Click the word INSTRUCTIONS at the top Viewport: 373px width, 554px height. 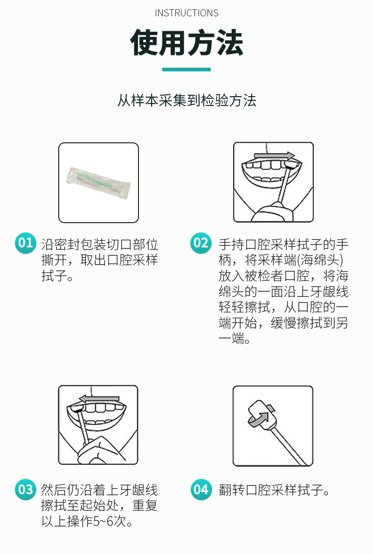(x=186, y=13)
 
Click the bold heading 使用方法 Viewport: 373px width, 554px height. (x=186, y=43)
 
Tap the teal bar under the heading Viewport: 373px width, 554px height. (x=186, y=70)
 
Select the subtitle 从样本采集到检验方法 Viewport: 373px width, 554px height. (x=186, y=100)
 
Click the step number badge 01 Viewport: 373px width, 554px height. (x=25, y=243)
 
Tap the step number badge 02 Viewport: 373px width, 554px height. (x=201, y=243)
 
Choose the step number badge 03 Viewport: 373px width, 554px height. (x=25, y=489)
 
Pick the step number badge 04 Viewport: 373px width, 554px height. (x=201, y=489)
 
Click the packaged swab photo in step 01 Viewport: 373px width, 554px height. (x=98, y=183)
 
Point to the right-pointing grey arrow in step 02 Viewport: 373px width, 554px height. (x=274, y=155)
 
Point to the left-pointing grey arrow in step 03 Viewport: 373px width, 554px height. (x=99, y=399)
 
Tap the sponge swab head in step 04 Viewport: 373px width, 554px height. (x=262, y=415)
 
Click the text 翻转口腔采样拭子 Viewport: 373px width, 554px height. (x=271, y=490)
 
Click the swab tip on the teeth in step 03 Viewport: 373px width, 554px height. (x=76, y=409)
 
